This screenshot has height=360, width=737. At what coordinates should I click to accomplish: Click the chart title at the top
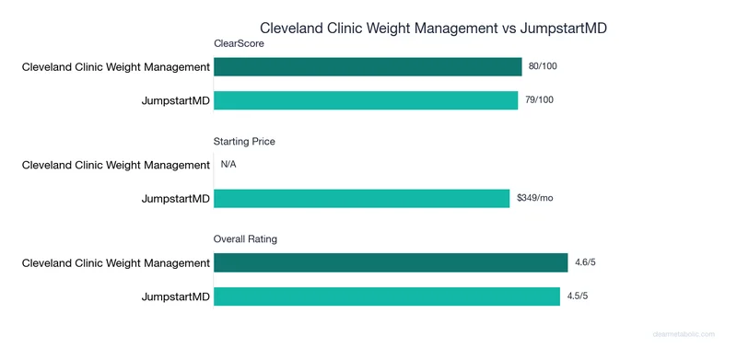tap(433, 29)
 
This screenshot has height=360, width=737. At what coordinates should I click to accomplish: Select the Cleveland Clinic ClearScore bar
tap(368, 66)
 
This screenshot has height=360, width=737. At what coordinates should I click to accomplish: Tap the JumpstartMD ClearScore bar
tap(366, 99)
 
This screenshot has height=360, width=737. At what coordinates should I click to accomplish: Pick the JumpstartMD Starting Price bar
tap(361, 198)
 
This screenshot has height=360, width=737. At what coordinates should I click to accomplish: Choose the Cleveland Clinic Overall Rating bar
tap(391, 263)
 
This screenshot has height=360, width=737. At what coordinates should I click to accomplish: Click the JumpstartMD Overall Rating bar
tap(387, 296)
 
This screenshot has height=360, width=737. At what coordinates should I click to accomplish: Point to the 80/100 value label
tap(543, 66)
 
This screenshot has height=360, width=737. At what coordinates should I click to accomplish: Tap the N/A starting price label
tap(228, 165)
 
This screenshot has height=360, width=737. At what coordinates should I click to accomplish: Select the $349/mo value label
tap(533, 198)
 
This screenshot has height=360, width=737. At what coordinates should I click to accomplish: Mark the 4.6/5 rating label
tap(586, 263)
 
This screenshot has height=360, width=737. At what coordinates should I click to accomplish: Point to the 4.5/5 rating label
tap(579, 296)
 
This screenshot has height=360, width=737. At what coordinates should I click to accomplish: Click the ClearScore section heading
tap(239, 43)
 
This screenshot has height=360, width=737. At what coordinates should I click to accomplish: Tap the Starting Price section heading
tap(244, 142)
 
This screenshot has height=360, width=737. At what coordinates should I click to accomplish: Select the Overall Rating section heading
tap(245, 239)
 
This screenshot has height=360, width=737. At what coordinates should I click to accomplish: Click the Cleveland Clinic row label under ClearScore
tap(116, 66)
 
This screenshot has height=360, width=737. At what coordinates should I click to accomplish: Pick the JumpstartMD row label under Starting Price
tap(175, 198)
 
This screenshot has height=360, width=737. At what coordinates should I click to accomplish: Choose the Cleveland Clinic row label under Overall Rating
tap(116, 263)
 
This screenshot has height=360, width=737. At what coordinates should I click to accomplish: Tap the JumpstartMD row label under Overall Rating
tap(175, 296)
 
